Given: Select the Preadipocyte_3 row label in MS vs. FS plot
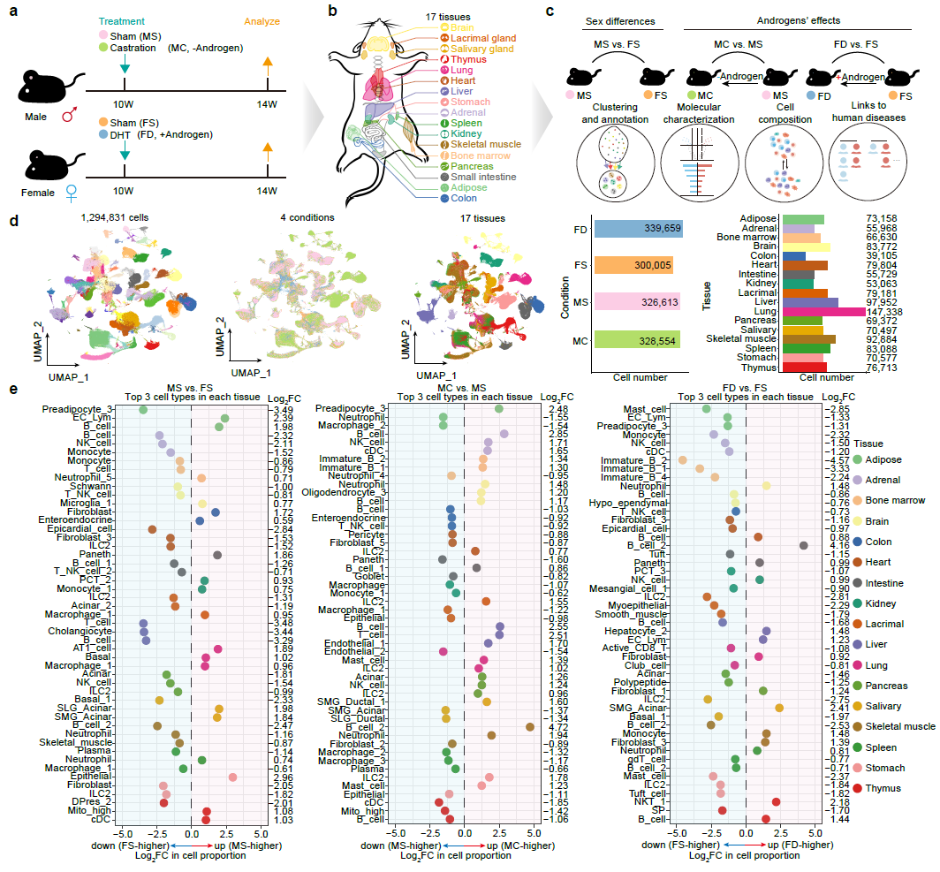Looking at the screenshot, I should (x=86, y=409).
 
